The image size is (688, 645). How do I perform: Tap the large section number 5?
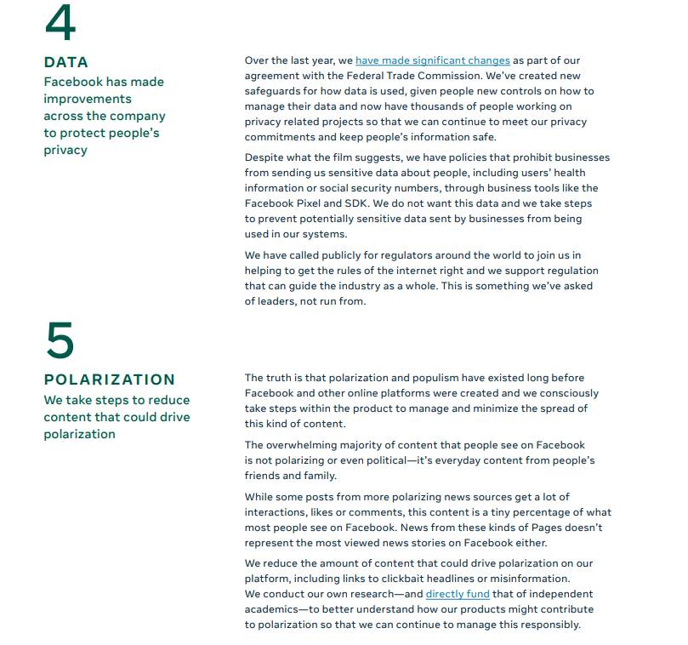click(x=60, y=341)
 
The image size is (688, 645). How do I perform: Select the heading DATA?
click(x=66, y=62)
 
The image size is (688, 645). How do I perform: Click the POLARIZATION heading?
click(x=110, y=380)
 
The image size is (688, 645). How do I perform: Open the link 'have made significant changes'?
click(x=433, y=60)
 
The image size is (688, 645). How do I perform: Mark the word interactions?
click(x=277, y=512)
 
